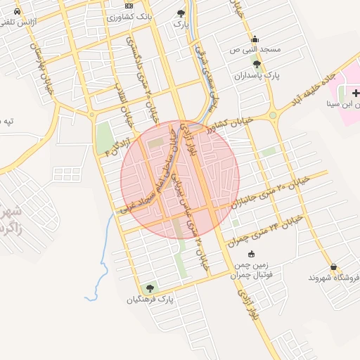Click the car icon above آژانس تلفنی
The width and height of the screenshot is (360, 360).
[x=17, y=12]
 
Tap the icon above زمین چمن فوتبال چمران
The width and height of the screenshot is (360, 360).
[x=252, y=254]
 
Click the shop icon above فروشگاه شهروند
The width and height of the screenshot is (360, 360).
[x=333, y=267]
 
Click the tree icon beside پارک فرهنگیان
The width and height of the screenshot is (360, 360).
[x=148, y=288]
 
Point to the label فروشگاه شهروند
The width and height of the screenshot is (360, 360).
[x=333, y=278]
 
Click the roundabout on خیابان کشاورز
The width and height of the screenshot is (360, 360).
[x=272, y=115]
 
